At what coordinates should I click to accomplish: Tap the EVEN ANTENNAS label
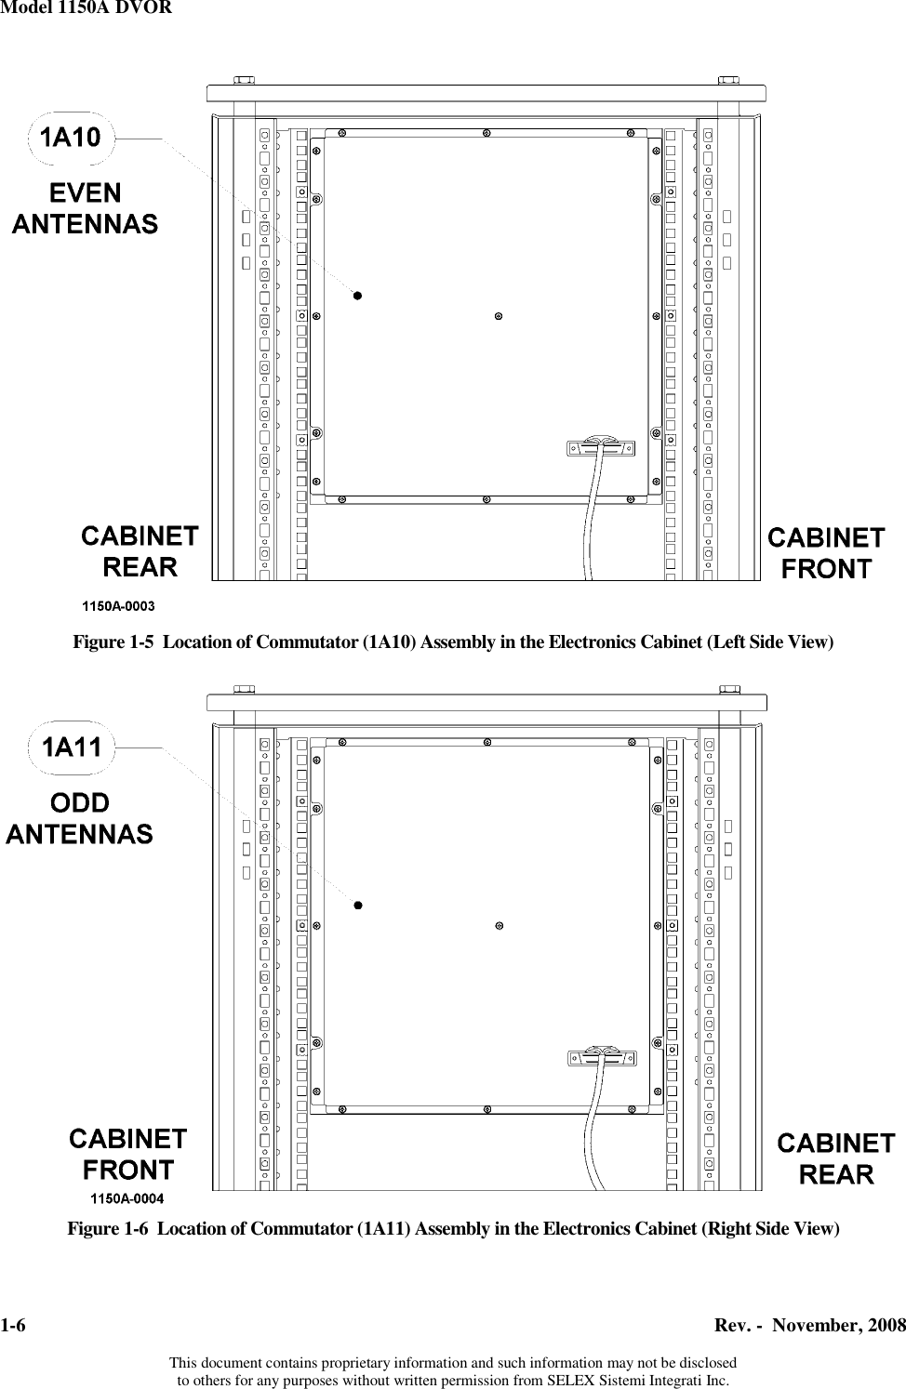pos(85,208)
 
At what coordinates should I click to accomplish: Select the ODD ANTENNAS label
pos(80,818)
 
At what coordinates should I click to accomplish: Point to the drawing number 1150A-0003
pos(119,605)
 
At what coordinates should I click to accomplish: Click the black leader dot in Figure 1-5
pos(356,297)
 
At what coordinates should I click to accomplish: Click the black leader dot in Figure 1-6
pos(358,905)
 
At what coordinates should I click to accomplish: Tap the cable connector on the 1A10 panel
pos(601,448)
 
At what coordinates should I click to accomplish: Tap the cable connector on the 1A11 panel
pos(601,1058)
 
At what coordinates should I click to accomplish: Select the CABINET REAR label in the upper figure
pos(140,551)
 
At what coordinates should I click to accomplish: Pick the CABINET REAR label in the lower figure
pos(836,1158)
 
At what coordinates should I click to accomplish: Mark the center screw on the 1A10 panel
pos(500,316)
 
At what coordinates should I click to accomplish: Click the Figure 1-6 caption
pos(453,1229)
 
